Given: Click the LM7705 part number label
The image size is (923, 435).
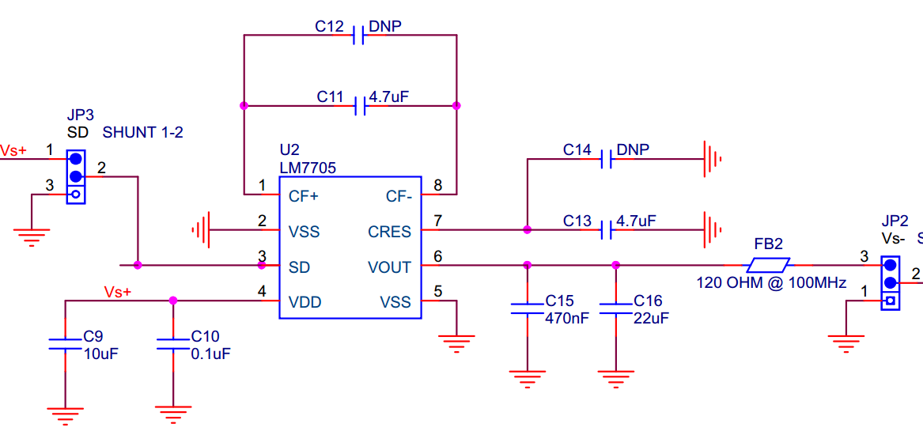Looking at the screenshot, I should click(x=308, y=168).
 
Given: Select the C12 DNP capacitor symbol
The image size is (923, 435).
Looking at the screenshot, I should click(x=358, y=35).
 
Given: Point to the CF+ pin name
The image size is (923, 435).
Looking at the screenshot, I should click(x=304, y=196).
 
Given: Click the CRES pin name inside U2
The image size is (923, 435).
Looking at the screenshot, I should click(x=389, y=232).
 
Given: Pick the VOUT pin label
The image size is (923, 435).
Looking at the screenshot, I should click(x=389, y=267).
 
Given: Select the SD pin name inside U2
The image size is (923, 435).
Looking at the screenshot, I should click(x=299, y=267).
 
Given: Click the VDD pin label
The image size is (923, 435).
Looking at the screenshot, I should click(x=305, y=302).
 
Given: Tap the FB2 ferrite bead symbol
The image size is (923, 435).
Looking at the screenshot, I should click(x=769, y=265).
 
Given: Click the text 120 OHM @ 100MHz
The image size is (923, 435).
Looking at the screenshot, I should click(x=771, y=283).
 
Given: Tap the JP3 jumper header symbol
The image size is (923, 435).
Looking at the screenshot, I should click(x=76, y=176).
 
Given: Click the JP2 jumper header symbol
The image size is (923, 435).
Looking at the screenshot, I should click(x=891, y=282).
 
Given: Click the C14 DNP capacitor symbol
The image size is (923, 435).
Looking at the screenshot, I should click(x=607, y=159).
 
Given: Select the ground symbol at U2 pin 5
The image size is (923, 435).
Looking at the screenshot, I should click(x=457, y=342).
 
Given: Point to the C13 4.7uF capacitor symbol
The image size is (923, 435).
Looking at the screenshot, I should click(x=607, y=230).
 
